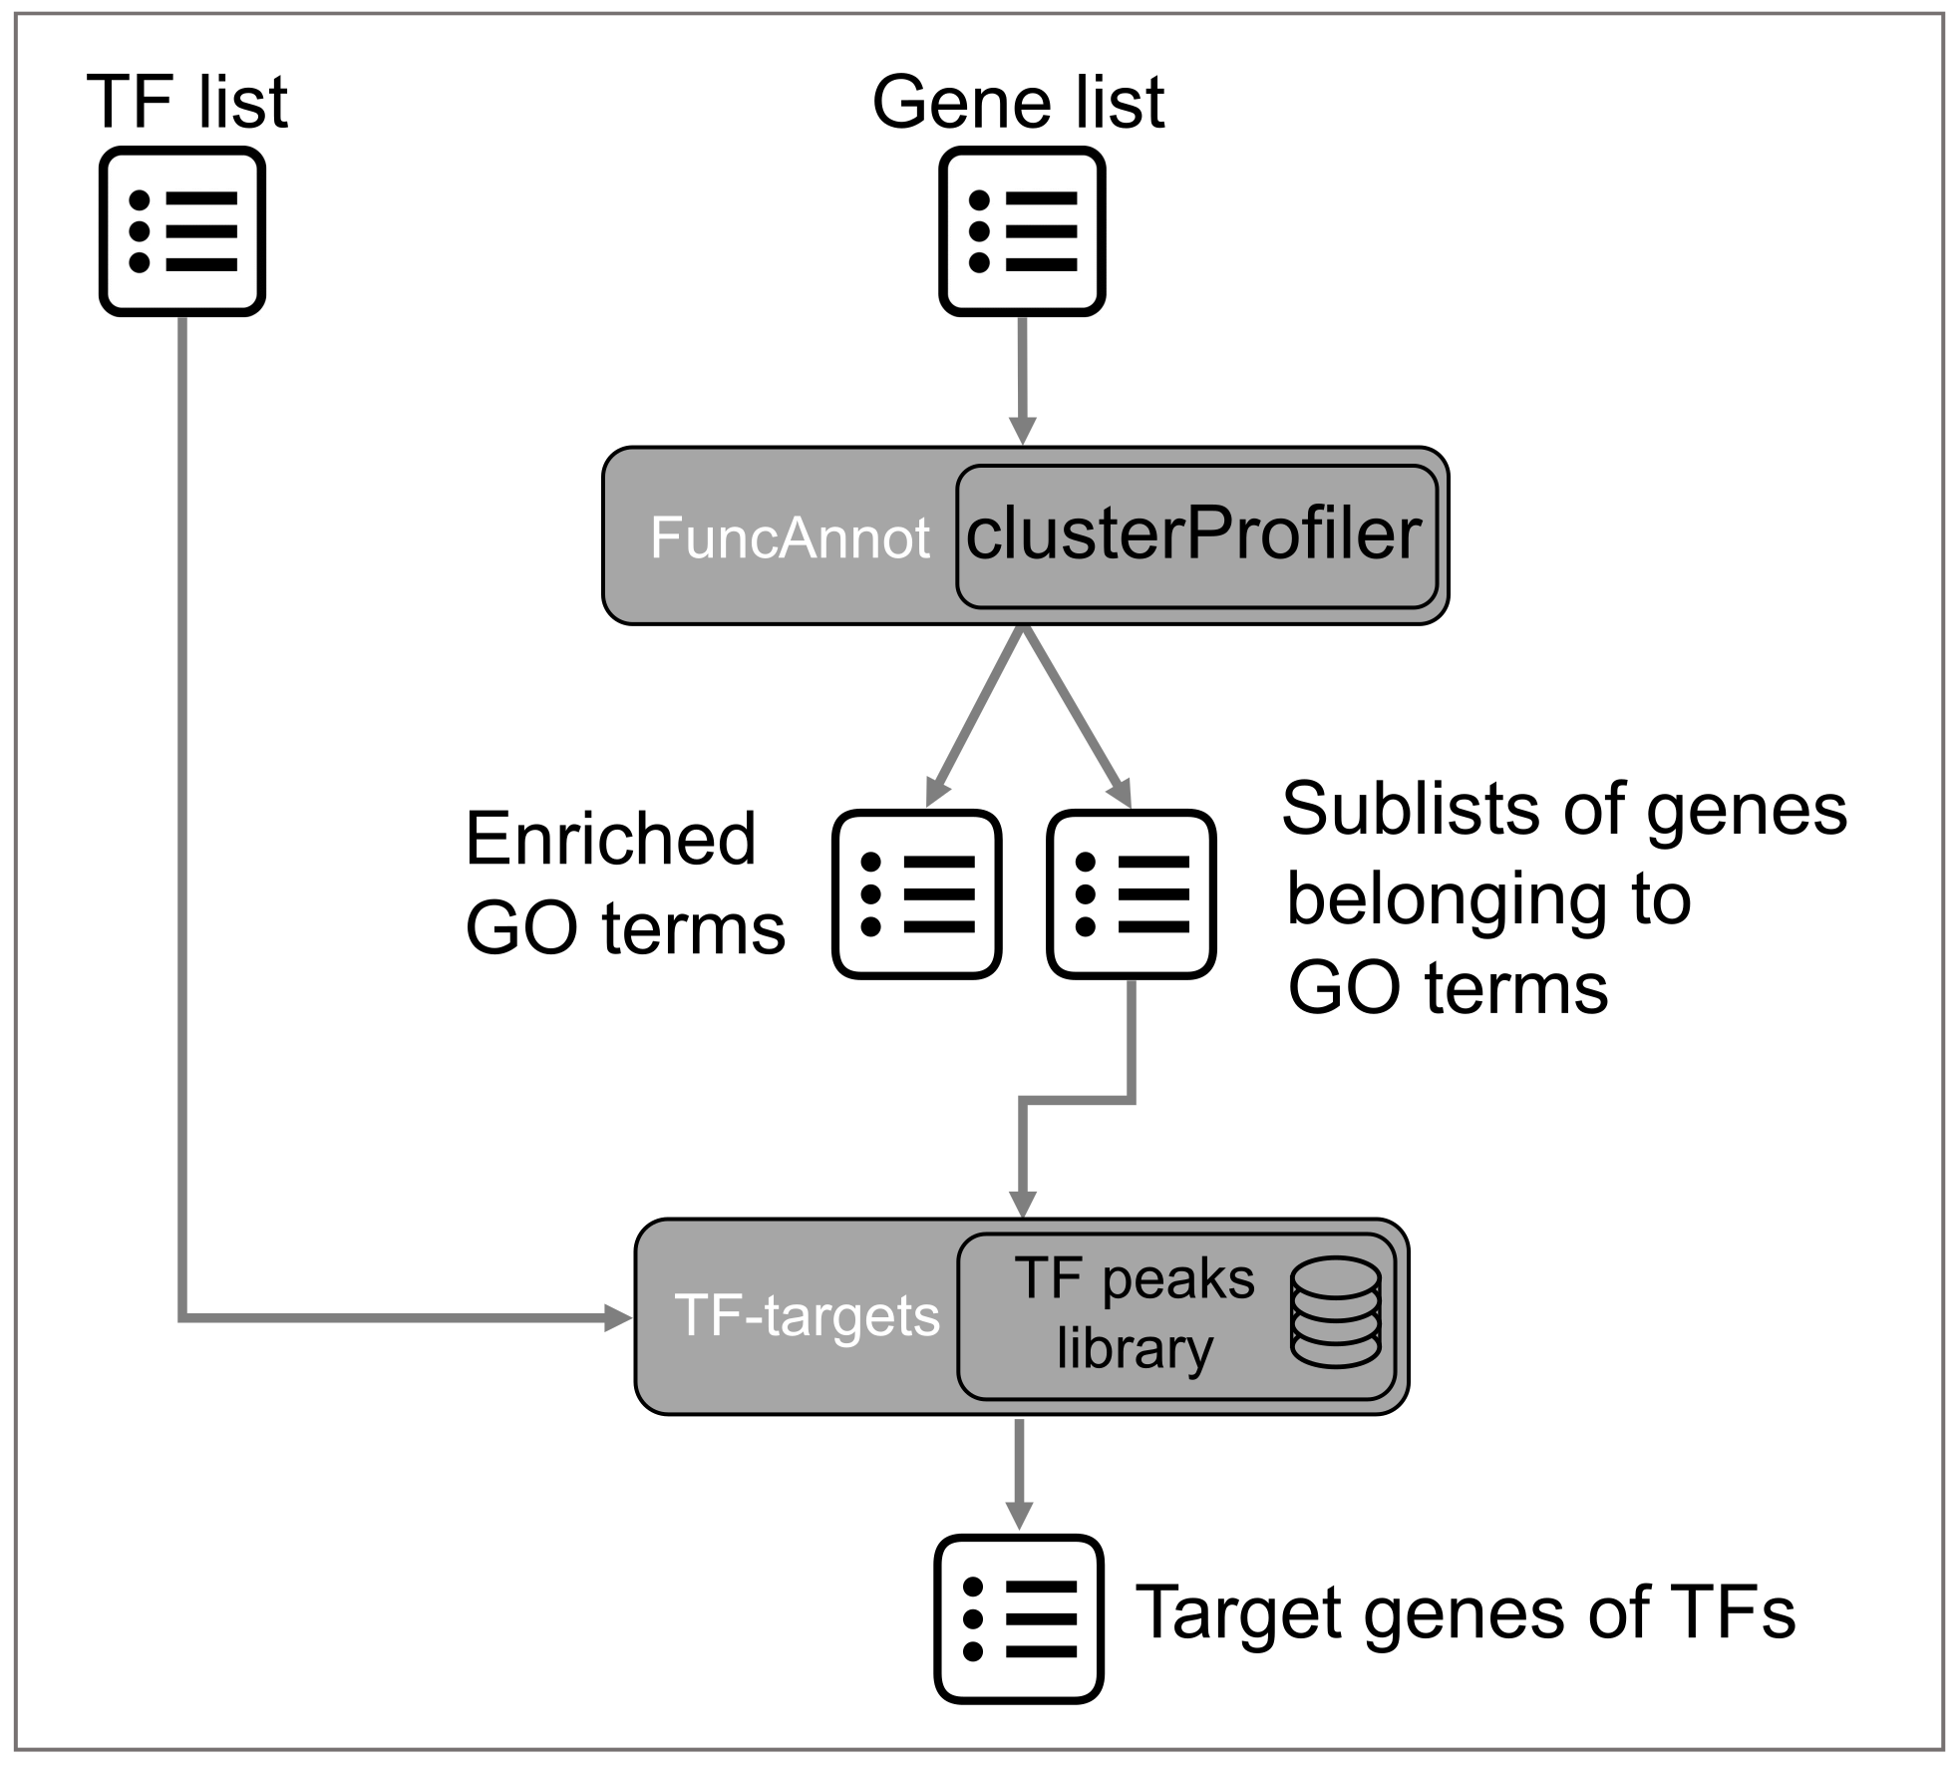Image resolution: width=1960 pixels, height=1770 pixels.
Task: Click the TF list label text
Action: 187,102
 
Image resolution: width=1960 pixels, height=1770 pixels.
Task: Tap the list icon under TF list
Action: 182,231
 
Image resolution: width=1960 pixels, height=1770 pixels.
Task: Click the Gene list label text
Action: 1018,102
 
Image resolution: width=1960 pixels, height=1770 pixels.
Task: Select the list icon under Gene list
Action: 1022,231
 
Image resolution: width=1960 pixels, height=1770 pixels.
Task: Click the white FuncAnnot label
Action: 790,538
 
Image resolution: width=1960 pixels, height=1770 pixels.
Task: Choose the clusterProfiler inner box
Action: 1196,536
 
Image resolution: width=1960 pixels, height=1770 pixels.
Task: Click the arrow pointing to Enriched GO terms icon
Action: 975,716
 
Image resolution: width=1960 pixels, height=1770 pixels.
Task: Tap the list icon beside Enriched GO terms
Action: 917,894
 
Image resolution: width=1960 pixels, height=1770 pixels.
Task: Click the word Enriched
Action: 610,839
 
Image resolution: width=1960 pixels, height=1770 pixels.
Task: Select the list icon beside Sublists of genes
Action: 1132,894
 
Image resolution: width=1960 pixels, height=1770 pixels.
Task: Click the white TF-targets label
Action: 808,1315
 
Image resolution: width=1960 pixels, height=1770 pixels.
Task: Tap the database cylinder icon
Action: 1336,1311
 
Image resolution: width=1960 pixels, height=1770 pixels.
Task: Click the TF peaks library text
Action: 1136,1313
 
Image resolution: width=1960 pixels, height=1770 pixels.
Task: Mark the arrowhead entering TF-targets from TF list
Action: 619,1318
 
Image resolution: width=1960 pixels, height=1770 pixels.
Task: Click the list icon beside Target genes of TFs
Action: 1019,1618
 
